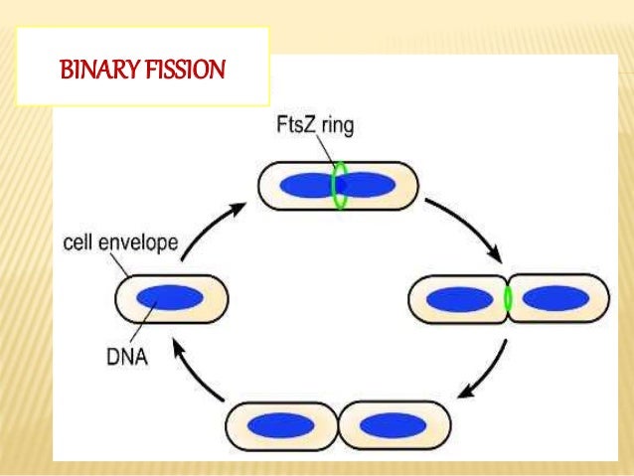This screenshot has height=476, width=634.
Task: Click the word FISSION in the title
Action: point(189,73)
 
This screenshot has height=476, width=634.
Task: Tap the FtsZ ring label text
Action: point(315,128)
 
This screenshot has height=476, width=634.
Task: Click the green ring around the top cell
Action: point(339,186)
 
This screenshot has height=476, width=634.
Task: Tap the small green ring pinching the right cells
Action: point(509,298)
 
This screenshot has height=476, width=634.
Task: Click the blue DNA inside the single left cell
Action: point(171,299)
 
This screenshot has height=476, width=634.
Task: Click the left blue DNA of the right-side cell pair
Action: point(459,298)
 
